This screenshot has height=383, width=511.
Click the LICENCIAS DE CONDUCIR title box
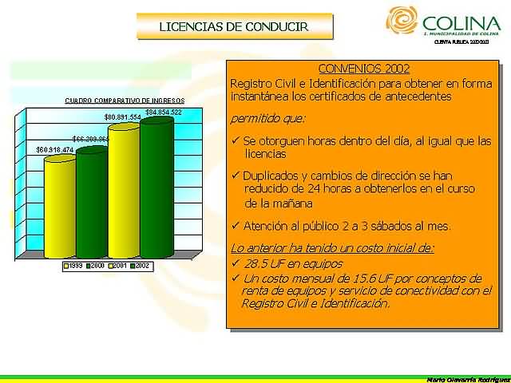coord(234,26)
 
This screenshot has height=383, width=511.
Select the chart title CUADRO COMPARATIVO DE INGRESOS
coord(125,101)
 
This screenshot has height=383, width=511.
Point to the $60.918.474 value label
coord(54,150)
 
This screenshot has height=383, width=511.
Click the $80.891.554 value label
coord(123,117)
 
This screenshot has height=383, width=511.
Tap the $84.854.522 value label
coord(164,112)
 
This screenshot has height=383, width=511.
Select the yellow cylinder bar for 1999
coord(59,207)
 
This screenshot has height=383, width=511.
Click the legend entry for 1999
coord(73,265)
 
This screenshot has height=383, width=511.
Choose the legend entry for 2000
coord(95,265)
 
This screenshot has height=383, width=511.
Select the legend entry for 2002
coord(140,265)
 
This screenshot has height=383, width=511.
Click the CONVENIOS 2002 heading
coord(352,69)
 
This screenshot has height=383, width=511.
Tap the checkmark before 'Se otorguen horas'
coord(235,141)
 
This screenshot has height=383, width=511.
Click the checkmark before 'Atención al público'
coord(235,226)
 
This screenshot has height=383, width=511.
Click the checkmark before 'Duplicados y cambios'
coord(235,175)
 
